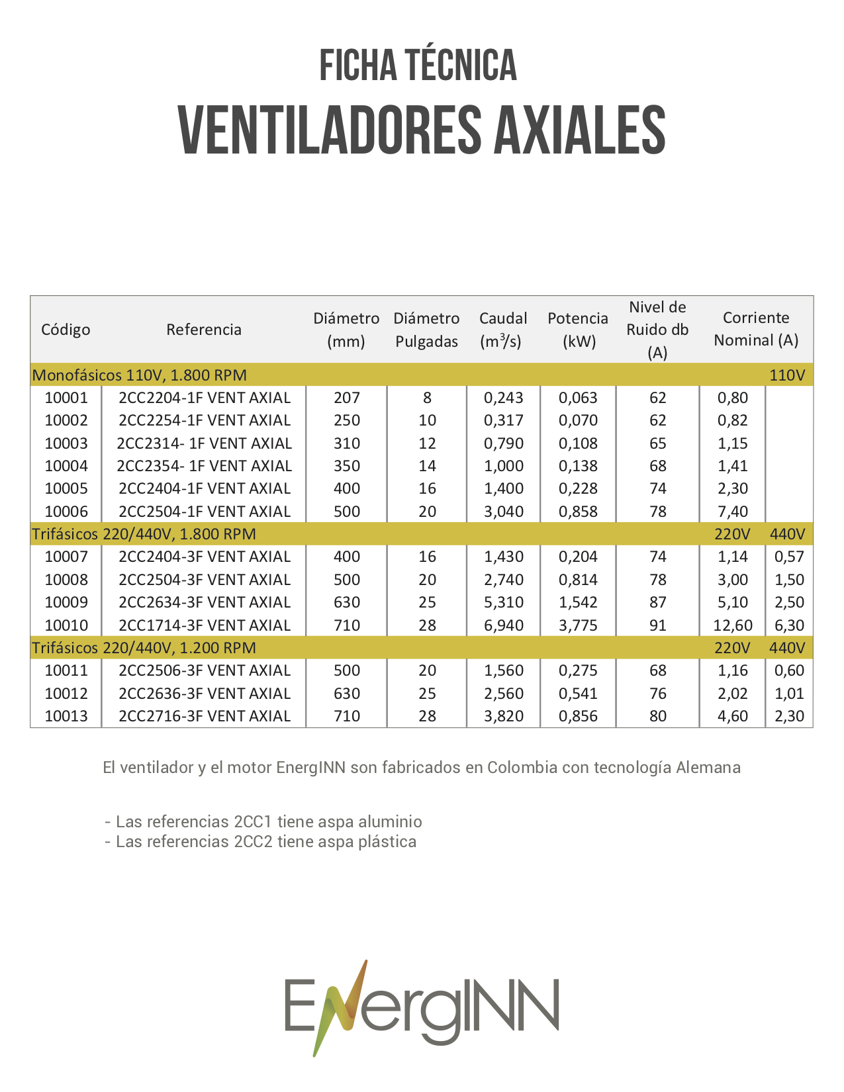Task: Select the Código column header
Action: (66, 330)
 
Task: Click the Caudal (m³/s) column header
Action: (503, 330)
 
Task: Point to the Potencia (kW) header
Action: (578, 330)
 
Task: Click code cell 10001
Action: (66, 398)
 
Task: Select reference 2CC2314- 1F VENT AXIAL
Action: (204, 443)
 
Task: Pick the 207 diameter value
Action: (347, 398)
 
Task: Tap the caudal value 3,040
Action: (504, 512)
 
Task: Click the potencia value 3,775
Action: (578, 625)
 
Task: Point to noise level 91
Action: (657, 625)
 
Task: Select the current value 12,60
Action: (733, 625)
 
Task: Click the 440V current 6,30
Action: (789, 625)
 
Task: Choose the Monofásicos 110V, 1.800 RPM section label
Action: (140, 375)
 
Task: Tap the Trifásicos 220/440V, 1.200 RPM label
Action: (144, 648)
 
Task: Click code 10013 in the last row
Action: (66, 716)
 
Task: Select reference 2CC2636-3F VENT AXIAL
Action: (205, 694)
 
